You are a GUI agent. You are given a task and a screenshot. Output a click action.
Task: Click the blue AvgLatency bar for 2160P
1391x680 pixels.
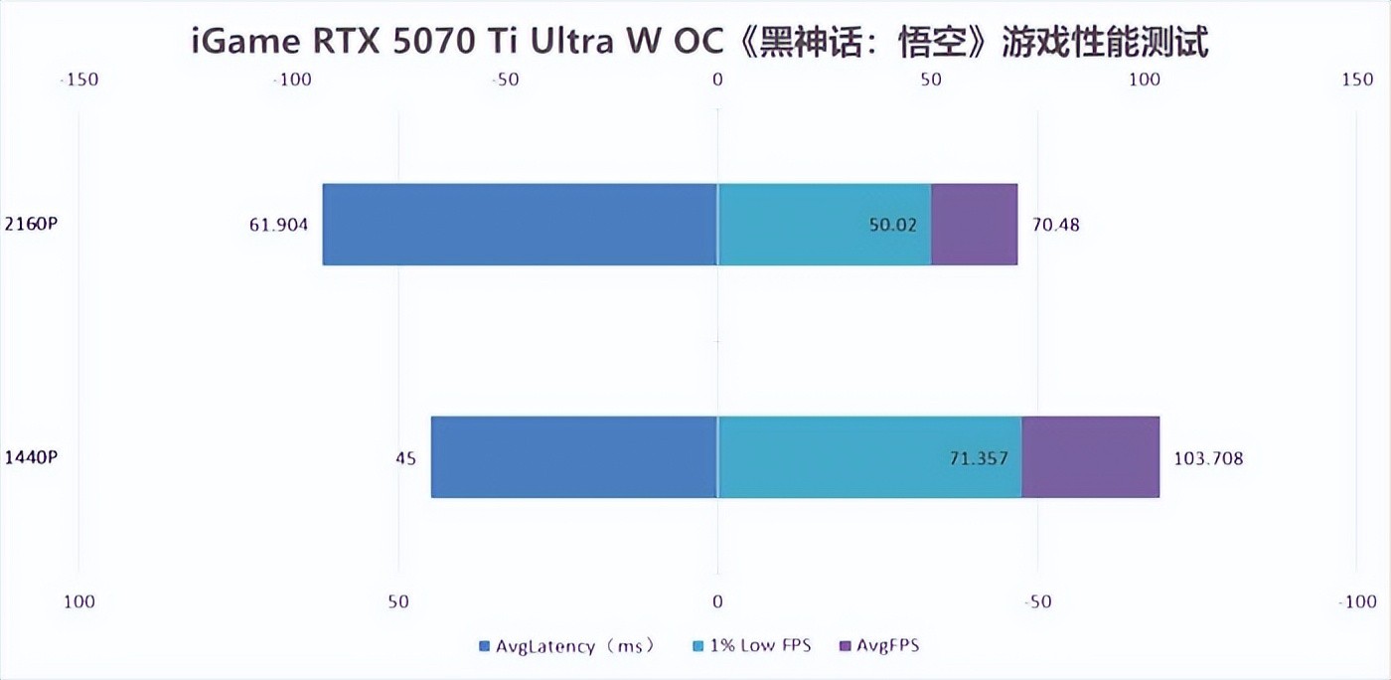(x=520, y=224)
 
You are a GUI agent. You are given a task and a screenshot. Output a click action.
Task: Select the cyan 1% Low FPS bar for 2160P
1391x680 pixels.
(x=824, y=224)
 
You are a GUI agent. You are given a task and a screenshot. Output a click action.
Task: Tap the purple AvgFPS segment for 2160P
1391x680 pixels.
(x=974, y=224)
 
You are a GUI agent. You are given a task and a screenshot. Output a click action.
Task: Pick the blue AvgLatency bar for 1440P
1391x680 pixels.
(x=574, y=457)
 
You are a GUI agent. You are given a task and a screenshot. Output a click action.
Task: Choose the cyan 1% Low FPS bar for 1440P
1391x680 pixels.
(x=869, y=457)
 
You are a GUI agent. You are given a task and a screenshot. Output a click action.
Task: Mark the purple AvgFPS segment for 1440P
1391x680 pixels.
(x=1090, y=457)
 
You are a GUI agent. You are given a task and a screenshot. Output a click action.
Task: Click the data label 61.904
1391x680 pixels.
(x=278, y=225)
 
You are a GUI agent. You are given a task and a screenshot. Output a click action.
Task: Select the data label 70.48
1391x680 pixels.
(x=1056, y=225)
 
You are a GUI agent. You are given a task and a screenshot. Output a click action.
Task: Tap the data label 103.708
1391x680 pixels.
(x=1208, y=458)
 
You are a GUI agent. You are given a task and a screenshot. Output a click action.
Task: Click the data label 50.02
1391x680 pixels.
(x=893, y=225)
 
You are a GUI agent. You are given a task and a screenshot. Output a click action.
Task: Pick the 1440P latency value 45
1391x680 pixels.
(x=405, y=458)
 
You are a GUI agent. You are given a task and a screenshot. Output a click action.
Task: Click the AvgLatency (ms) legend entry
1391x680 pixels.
(x=567, y=646)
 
